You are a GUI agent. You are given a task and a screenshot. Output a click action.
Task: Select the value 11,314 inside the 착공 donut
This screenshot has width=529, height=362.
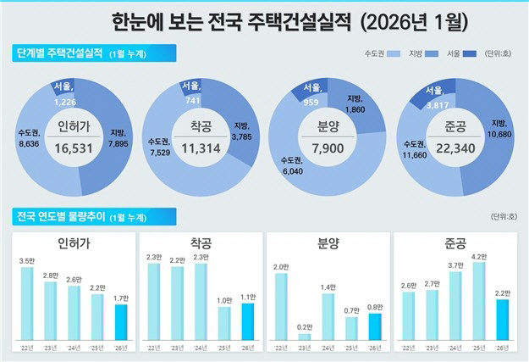tap(201, 146)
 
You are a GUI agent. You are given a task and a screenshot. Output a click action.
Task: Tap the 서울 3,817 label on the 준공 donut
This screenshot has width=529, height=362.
tap(438, 95)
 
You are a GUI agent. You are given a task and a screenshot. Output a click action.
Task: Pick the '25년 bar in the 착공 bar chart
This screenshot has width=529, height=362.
tap(224, 321)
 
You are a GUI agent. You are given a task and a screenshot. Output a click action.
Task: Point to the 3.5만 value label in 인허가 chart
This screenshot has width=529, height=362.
tap(26, 261)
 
